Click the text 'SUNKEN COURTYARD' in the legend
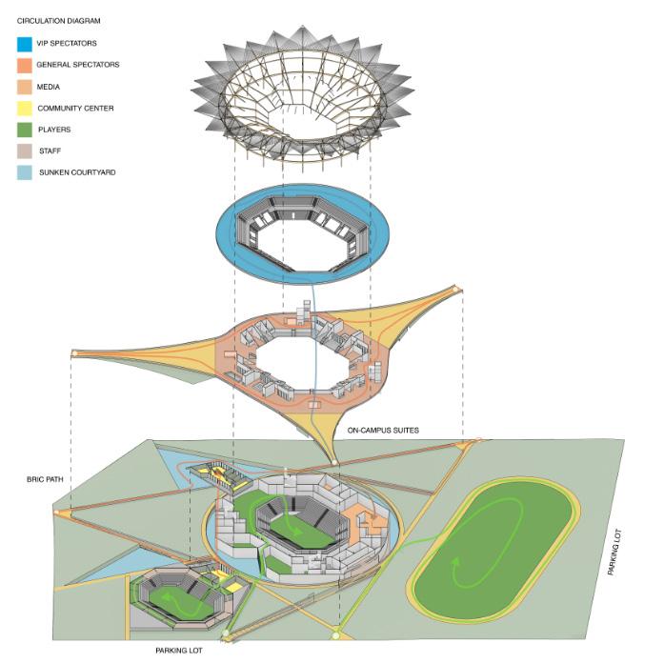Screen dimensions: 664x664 (76, 172)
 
